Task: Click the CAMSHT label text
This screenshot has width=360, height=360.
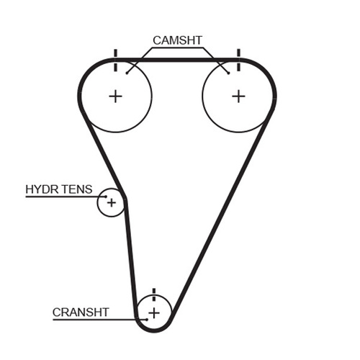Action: (x=177, y=40)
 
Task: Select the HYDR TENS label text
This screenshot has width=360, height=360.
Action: (x=59, y=189)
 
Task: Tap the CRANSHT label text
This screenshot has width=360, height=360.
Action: (x=81, y=312)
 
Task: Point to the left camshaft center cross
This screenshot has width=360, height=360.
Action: (x=115, y=96)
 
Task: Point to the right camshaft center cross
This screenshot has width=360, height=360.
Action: (x=238, y=96)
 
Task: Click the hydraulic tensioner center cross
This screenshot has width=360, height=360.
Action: (x=112, y=203)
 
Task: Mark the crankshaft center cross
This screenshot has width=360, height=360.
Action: (x=154, y=313)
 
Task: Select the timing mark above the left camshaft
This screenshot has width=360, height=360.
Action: (x=115, y=60)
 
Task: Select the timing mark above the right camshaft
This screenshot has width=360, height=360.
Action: (x=238, y=60)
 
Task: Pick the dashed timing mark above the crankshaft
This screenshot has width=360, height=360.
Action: (x=154, y=294)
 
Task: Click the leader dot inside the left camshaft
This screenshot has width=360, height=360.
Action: (x=127, y=73)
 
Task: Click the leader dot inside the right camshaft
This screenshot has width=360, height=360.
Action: (x=229, y=73)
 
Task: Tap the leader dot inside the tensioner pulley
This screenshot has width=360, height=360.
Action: (x=106, y=197)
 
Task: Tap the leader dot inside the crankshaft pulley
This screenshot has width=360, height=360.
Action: (x=147, y=320)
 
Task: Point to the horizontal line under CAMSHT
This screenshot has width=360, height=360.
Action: (x=177, y=48)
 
